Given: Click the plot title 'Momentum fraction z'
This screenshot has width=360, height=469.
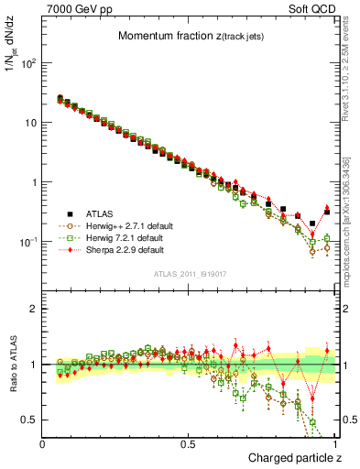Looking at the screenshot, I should [x=179, y=37].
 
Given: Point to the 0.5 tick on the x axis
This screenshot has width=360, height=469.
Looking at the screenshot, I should [x=190, y=442].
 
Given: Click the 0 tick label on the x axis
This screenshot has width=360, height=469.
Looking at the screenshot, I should [x=43, y=442].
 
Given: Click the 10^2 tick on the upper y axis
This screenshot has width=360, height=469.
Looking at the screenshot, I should [x=29, y=63].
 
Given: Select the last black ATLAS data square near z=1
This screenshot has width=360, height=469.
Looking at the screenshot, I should [x=328, y=213].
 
